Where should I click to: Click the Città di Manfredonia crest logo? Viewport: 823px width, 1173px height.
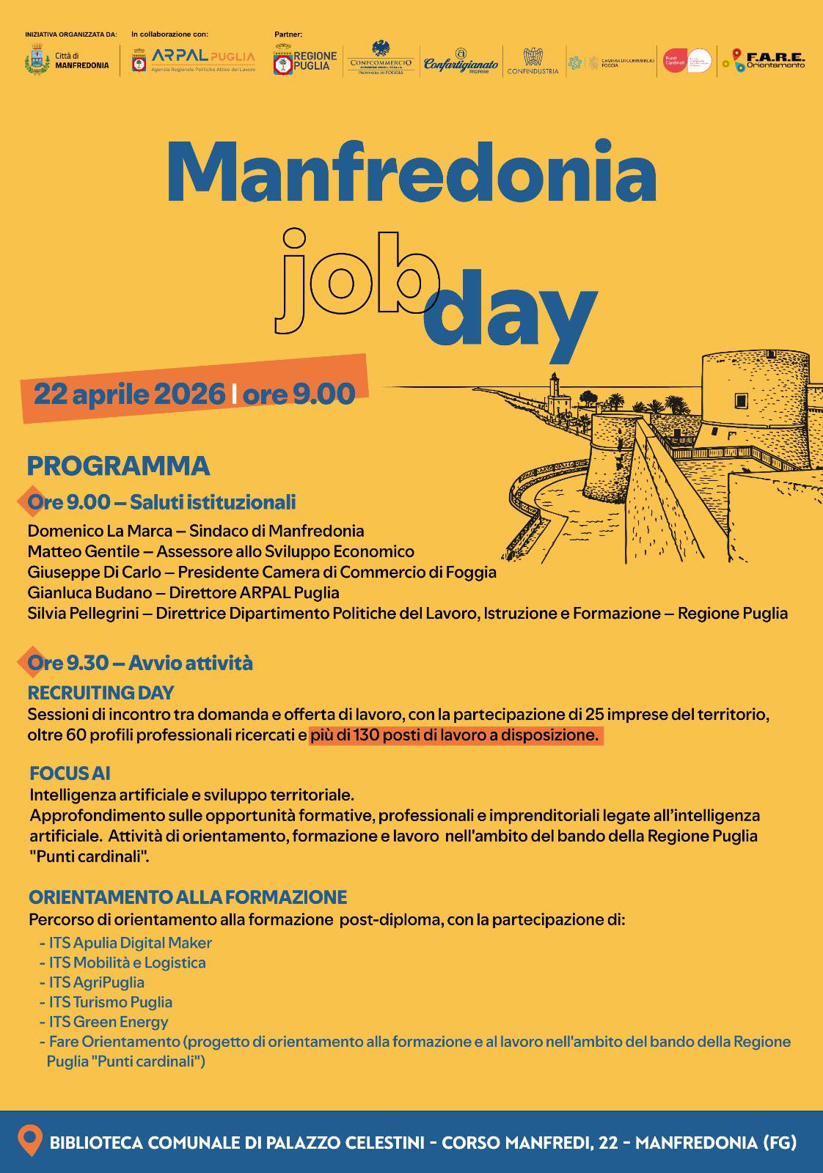[x=34, y=59]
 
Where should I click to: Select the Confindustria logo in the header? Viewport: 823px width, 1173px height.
[x=532, y=62]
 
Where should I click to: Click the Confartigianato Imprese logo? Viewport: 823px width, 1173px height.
[x=461, y=62]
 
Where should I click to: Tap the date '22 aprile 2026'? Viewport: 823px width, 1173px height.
[x=129, y=394]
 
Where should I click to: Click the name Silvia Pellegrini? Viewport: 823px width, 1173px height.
[x=83, y=614]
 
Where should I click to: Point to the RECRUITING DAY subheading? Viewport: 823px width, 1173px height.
[x=100, y=693]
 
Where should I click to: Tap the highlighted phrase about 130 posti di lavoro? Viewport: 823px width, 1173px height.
[x=455, y=735]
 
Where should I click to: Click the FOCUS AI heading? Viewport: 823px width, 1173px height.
[x=70, y=773]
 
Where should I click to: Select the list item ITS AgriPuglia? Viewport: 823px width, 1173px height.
[x=96, y=982]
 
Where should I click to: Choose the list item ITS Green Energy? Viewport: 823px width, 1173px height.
[x=108, y=1022]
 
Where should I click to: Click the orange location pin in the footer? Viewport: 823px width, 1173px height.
[x=30, y=1141]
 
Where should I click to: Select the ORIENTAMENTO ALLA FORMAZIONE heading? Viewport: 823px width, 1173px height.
[x=188, y=897]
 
